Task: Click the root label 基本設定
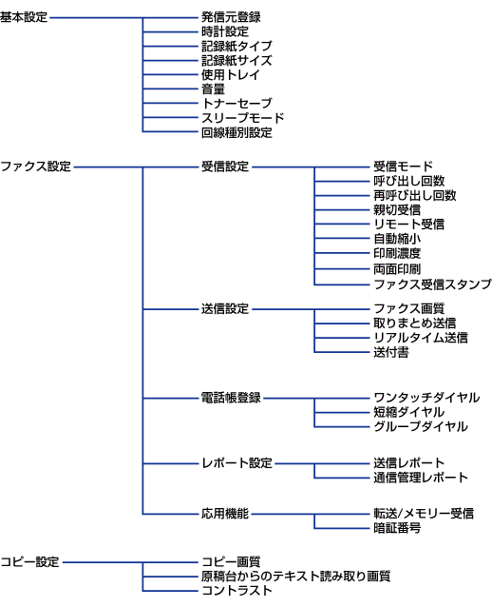24,17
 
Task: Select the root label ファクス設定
35,166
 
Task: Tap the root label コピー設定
29,561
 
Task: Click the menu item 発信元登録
231,17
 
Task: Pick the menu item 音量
213,89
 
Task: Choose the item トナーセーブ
237,104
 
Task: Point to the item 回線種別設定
237,132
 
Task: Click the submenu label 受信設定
225,166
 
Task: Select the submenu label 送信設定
225,309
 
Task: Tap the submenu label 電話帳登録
231,398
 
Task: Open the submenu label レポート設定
237,463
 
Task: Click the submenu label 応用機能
225,514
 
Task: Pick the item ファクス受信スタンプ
432,284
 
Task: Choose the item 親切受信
397,210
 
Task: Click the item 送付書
391,352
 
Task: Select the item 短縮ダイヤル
409,412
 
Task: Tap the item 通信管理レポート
421,478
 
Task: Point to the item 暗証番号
397,528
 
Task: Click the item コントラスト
237,591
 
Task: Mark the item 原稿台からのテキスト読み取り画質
295,576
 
